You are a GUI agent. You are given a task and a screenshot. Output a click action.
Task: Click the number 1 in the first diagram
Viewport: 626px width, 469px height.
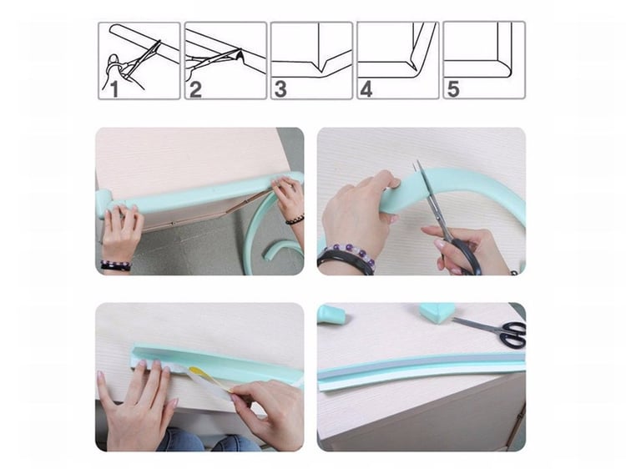pos(114,88)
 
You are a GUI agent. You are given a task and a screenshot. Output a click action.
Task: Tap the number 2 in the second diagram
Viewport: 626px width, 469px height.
pos(195,89)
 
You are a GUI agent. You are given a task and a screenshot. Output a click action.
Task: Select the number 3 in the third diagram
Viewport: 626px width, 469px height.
pos(280,88)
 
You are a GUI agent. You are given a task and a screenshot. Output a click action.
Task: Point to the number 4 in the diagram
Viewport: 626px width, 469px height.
pos(366,88)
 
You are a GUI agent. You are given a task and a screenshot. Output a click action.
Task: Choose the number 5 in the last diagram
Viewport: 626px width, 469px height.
pos(453,88)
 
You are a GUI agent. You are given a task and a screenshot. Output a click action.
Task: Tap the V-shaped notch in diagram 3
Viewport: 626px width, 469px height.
pos(322,65)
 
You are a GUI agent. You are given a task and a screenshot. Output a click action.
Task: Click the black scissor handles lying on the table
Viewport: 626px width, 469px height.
pos(513,333)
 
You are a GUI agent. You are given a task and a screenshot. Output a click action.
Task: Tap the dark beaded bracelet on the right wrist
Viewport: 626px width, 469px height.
pos(295,219)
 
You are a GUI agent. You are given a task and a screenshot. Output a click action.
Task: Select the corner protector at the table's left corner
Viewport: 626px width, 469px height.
pos(103,203)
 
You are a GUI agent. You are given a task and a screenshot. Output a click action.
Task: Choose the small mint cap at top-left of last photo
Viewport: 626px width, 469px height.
pos(331,314)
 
